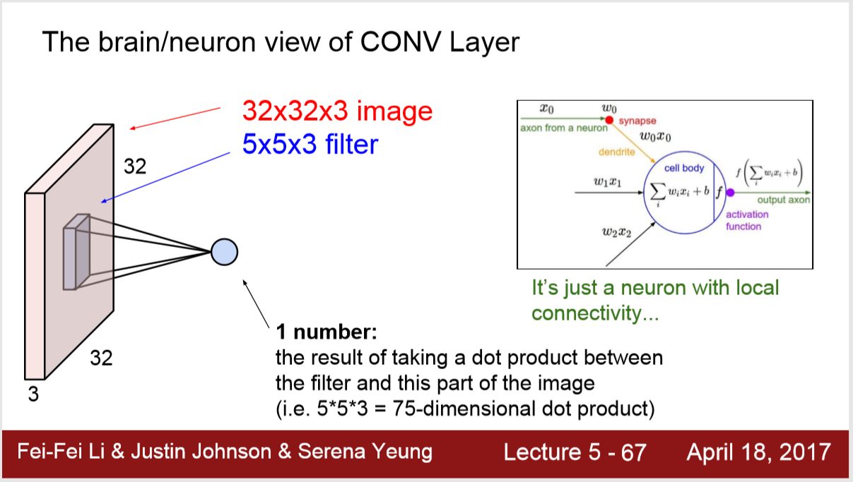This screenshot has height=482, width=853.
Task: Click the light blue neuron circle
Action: (x=224, y=251)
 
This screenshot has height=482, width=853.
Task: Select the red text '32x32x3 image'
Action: (x=336, y=111)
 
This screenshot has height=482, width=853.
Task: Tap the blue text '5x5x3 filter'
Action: (x=310, y=145)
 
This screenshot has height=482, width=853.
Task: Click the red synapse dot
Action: (x=609, y=121)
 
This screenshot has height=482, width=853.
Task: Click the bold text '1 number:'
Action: (x=327, y=332)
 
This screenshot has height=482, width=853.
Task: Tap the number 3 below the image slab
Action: (x=33, y=394)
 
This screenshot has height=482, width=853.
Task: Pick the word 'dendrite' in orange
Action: (x=617, y=152)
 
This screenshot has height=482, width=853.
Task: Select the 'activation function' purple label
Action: (x=747, y=220)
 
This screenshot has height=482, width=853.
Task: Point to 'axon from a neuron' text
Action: (x=563, y=128)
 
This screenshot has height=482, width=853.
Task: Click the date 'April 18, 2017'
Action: (x=758, y=452)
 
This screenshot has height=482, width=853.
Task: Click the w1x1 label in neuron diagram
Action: (x=608, y=183)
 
